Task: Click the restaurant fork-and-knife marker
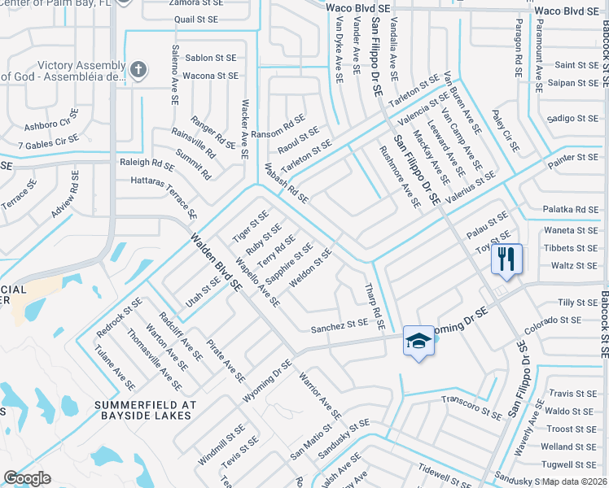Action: pyautogui.click(x=506, y=259)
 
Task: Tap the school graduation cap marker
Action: pyautogui.click(x=418, y=341)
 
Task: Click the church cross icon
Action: pyautogui.click(x=138, y=70)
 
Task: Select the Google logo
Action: pyautogui.click(x=27, y=477)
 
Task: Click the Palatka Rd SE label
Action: pyautogui.click(x=571, y=209)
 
